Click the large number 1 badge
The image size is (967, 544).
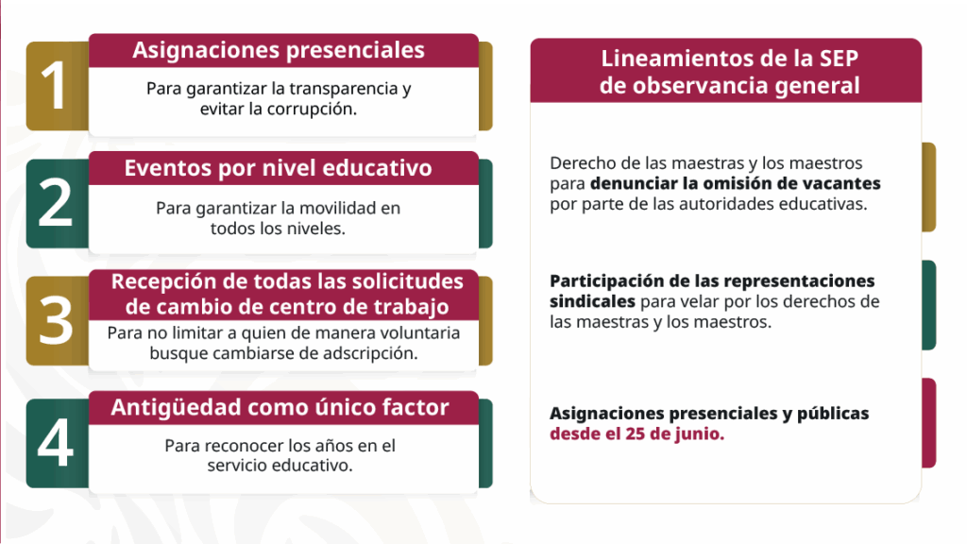(57, 86)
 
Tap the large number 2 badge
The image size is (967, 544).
(57, 204)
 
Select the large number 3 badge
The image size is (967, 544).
(57, 321)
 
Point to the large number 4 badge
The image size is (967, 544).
(57, 443)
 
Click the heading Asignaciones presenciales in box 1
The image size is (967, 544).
(279, 50)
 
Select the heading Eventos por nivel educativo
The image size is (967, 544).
(279, 168)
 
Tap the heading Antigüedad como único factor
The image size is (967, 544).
(280, 407)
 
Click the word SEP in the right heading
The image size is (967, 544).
(839, 58)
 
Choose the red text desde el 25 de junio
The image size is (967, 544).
(637, 433)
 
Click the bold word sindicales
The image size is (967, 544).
(593, 301)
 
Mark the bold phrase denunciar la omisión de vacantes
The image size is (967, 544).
(735, 183)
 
